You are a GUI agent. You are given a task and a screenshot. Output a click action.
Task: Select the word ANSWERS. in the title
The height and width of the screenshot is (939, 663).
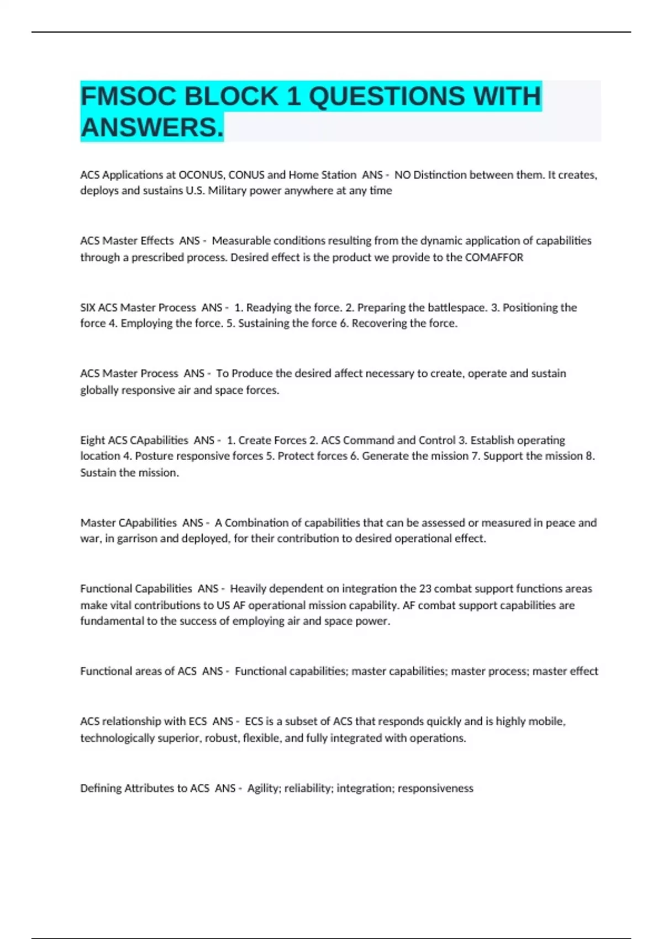click(x=152, y=128)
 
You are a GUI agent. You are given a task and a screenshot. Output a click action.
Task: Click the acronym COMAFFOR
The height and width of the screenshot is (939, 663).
click(x=494, y=257)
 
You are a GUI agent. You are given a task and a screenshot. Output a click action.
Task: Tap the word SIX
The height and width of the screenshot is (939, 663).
click(x=88, y=308)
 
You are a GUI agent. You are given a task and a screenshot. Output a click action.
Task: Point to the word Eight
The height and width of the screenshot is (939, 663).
click(x=92, y=440)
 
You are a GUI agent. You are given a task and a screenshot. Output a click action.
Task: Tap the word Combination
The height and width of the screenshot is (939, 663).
click(x=263, y=523)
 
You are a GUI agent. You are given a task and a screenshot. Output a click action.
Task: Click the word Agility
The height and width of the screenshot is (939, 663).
click(x=262, y=788)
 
